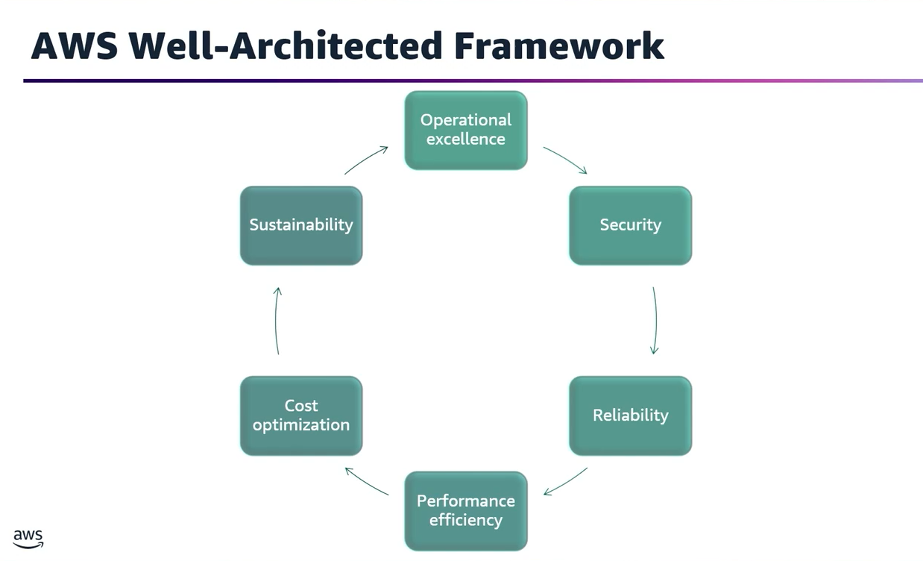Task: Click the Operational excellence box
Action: pyautogui.click(x=466, y=130)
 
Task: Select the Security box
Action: pyautogui.click(x=630, y=225)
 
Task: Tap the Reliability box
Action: pyautogui.click(x=630, y=416)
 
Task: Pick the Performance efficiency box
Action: pyautogui.click(x=466, y=510)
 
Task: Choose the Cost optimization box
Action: pyautogui.click(x=301, y=416)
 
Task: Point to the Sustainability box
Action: pyautogui.click(x=301, y=225)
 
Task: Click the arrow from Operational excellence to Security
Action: pyautogui.click(x=565, y=160)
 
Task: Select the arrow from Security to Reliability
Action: pyautogui.click(x=655, y=321)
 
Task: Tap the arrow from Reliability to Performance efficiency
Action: pyautogui.click(x=565, y=482)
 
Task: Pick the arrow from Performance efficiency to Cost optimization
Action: pyautogui.click(x=367, y=481)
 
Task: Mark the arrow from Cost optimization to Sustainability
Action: pyautogui.click(x=277, y=321)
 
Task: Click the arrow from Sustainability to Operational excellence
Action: pyautogui.click(x=366, y=160)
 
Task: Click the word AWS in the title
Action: pyautogui.click(x=73, y=46)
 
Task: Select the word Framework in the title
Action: pyautogui.click(x=558, y=46)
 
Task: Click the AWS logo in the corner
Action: pyautogui.click(x=28, y=539)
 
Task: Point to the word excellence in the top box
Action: pyautogui.click(x=466, y=140)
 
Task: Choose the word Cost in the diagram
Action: pyautogui.click(x=301, y=406)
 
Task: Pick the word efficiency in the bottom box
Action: pyautogui.click(x=466, y=520)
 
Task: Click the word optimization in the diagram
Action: pyautogui.click(x=301, y=425)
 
